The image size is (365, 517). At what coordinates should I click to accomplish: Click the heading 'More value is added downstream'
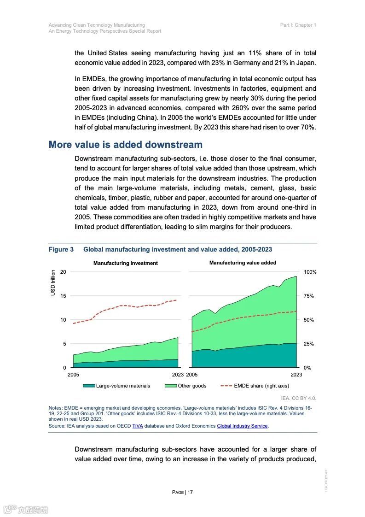coord(126,145)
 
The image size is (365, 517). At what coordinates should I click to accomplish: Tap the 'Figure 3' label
coord(61,249)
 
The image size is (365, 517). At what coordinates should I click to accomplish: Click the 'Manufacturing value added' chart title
coord(243,263)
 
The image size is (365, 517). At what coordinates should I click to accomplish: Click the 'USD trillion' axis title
coord(53,282)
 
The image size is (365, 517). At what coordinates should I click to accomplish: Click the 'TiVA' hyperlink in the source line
coord(138,426)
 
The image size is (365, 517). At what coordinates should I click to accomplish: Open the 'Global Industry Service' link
coord(242,426)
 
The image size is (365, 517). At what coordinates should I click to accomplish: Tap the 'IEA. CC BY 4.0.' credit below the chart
coord(298,398)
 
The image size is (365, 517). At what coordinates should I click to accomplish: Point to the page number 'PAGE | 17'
coord(182,492)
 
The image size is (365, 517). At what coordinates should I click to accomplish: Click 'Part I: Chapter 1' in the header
coord(298,25)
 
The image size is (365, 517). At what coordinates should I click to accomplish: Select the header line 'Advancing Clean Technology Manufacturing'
coord(97,25)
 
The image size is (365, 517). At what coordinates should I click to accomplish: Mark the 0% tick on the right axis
coord(307,368)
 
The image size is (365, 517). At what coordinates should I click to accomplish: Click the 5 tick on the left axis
coord(64,344)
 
